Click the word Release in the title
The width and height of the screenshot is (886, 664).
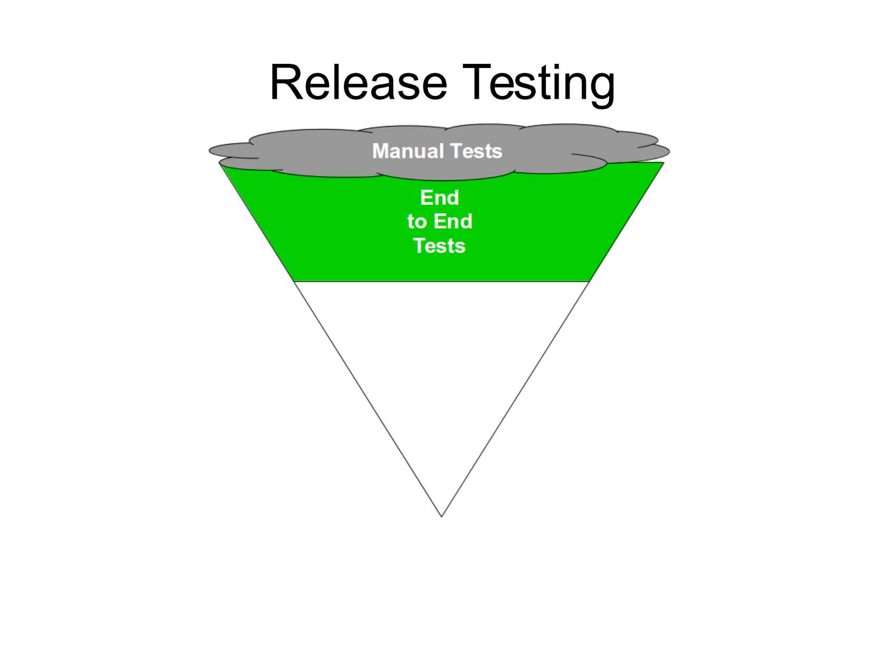coord(359,83)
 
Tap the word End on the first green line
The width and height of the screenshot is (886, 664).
coord(439,198)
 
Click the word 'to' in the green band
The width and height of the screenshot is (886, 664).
coord(416,222)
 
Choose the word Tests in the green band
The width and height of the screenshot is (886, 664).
coord(439,246)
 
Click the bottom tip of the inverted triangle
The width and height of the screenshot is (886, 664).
coord(441,516)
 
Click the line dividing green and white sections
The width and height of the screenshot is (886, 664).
coord(441,282)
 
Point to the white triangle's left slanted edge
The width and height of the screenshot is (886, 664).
coord(368,399)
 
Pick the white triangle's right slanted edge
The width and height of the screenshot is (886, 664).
coord(515,399)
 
